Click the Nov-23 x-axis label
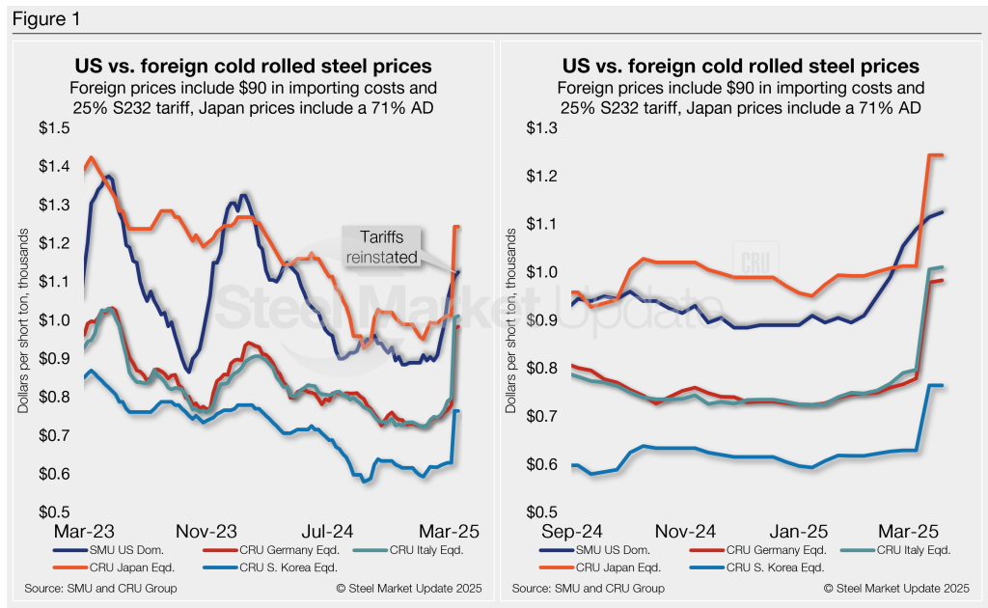coord(210,532)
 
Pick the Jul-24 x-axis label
coord(327,532)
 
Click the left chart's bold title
coord(253,67)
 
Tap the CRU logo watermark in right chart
coord(754,262)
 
